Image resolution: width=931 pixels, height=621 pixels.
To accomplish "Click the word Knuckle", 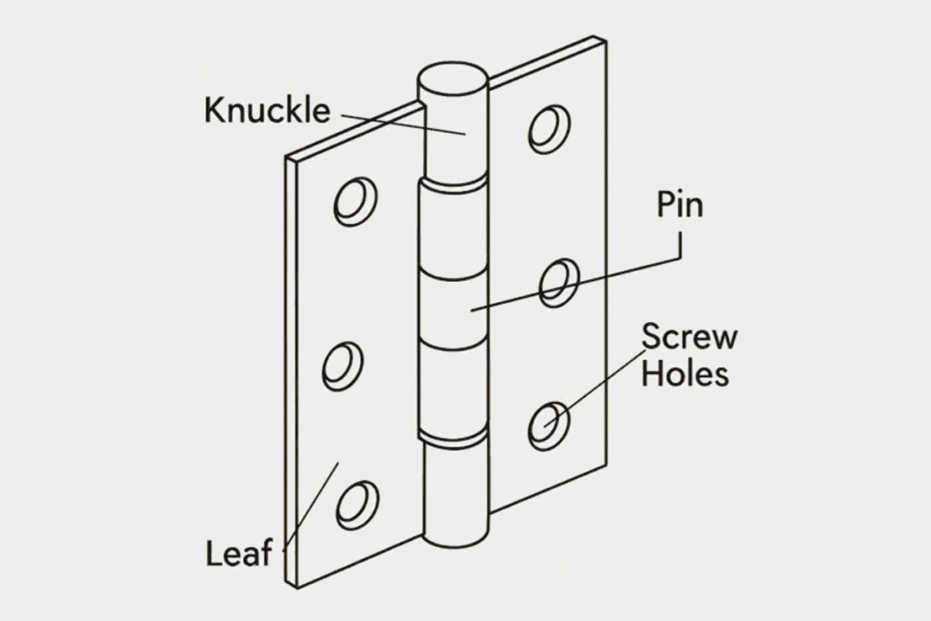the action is pos(266,110).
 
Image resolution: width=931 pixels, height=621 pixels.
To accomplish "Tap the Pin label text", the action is pos(680,205).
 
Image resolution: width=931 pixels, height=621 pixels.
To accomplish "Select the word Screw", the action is pos(689,336).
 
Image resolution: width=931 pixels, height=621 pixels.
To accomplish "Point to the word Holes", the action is pos(685,374).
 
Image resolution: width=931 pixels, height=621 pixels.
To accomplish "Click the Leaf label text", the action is pos(239,553).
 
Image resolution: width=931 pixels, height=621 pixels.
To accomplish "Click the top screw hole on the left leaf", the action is pos(355,201).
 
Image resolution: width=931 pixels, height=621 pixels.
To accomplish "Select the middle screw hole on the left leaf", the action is pos(343,366).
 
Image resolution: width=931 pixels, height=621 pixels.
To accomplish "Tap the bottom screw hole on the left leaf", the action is pos(357,506).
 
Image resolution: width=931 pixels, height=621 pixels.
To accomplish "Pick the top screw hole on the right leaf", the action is pos(549,129).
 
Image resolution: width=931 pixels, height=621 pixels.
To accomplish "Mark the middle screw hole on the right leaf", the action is pos(559,283).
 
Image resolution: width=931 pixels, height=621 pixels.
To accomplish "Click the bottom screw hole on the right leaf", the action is pos(549,426).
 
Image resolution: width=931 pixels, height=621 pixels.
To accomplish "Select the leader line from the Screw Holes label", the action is pos(595,388).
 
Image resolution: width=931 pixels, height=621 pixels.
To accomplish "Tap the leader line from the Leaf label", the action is pos(311,507).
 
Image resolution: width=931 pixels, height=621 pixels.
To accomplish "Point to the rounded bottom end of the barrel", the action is pos(455,537).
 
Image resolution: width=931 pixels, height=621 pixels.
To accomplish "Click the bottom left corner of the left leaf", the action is pos(297,587).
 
